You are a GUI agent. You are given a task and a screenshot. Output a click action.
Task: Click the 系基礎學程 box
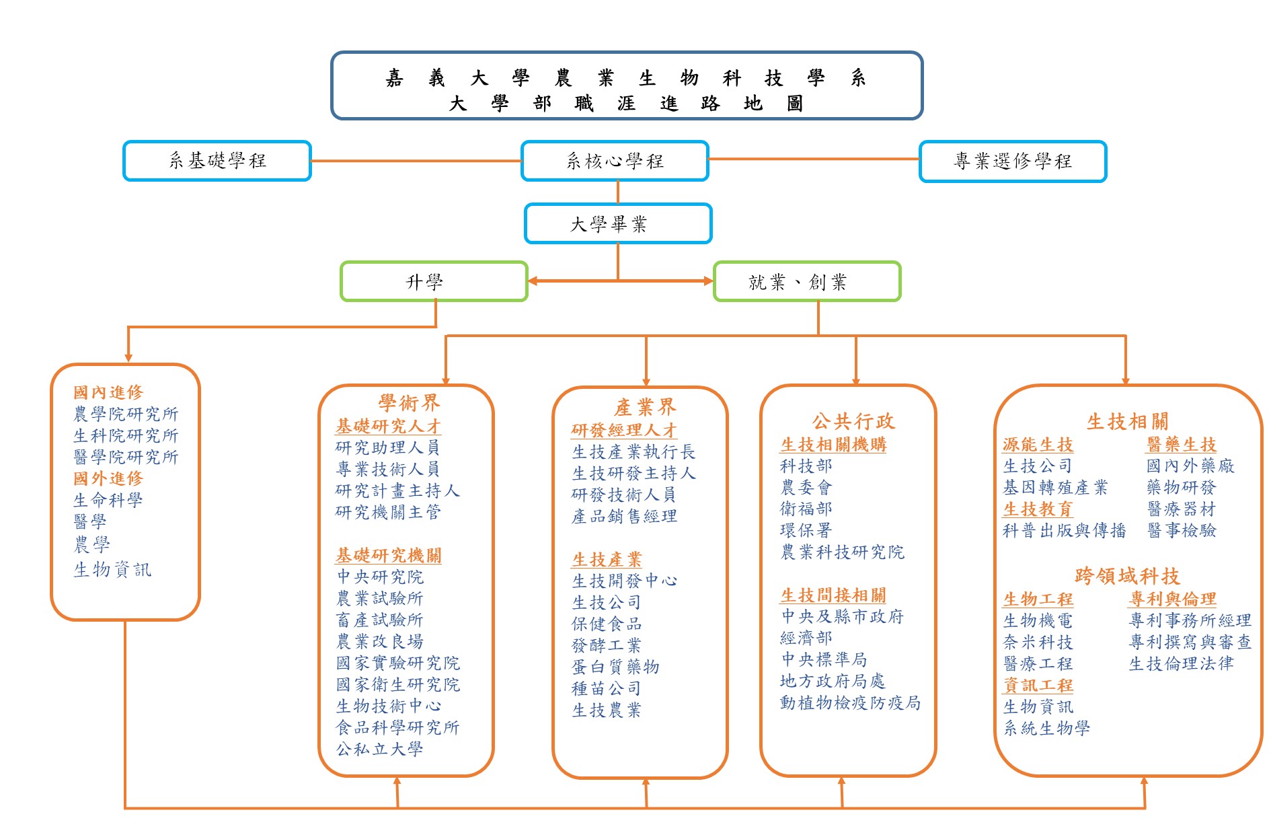pos(217,161)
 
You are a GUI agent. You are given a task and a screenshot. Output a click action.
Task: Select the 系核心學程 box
pos(615,161)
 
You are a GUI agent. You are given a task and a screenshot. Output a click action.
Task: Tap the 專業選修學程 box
pos(1012,161)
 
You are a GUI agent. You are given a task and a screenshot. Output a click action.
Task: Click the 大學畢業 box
pos(617,223)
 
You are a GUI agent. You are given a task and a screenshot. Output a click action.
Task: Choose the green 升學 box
pos(434,281)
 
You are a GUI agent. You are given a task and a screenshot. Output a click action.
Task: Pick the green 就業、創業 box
pos(806,281)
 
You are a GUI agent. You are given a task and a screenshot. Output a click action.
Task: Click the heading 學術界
pos(409,403)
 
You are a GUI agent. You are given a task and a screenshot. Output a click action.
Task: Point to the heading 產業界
pos(644,407)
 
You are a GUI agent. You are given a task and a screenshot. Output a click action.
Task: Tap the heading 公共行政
pos(853,422)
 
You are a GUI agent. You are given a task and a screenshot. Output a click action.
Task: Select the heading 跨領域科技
pos(1127,576)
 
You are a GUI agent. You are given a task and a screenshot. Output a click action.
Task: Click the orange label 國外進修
pos(108,478)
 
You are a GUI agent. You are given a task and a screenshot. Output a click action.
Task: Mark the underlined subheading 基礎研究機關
pos(389,555)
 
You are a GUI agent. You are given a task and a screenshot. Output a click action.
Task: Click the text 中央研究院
pos(380,577)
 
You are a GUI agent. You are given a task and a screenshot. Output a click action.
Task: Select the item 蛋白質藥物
pos(615,667)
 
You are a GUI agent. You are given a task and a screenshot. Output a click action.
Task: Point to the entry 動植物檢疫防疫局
pos(850,702)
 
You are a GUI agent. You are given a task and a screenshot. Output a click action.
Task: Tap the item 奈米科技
pos(1038,642)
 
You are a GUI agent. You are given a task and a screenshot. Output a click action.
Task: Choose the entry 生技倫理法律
pos(1181,663)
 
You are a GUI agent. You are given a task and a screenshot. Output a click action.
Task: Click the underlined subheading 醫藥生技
pos(1181,444)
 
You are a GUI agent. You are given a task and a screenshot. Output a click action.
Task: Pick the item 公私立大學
pos(380,749)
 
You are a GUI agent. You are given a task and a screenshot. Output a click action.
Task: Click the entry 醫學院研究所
pos(126,457)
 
